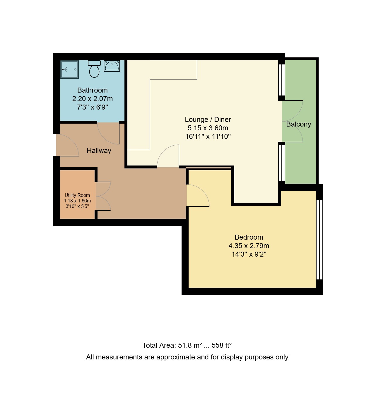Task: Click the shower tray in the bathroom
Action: (x=69, y=69)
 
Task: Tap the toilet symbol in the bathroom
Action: (x=94, y=69)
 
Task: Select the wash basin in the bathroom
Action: (x=112, y=66)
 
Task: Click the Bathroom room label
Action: (x=92, y=90)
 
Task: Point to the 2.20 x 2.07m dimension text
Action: (x=92, y=99)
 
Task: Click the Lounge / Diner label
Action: (x=208, y=120)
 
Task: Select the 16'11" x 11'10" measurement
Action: (x=208, y=137)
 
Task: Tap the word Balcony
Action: (x=298, y=124)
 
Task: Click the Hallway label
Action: (x=99, y=151)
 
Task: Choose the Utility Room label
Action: (x=77, y=195)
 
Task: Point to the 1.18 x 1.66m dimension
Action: (x=77, y=201)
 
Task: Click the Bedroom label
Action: (x=249, y=237)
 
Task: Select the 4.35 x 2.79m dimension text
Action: (x=249, y=246)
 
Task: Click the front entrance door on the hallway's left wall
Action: (x=67, y=145)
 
